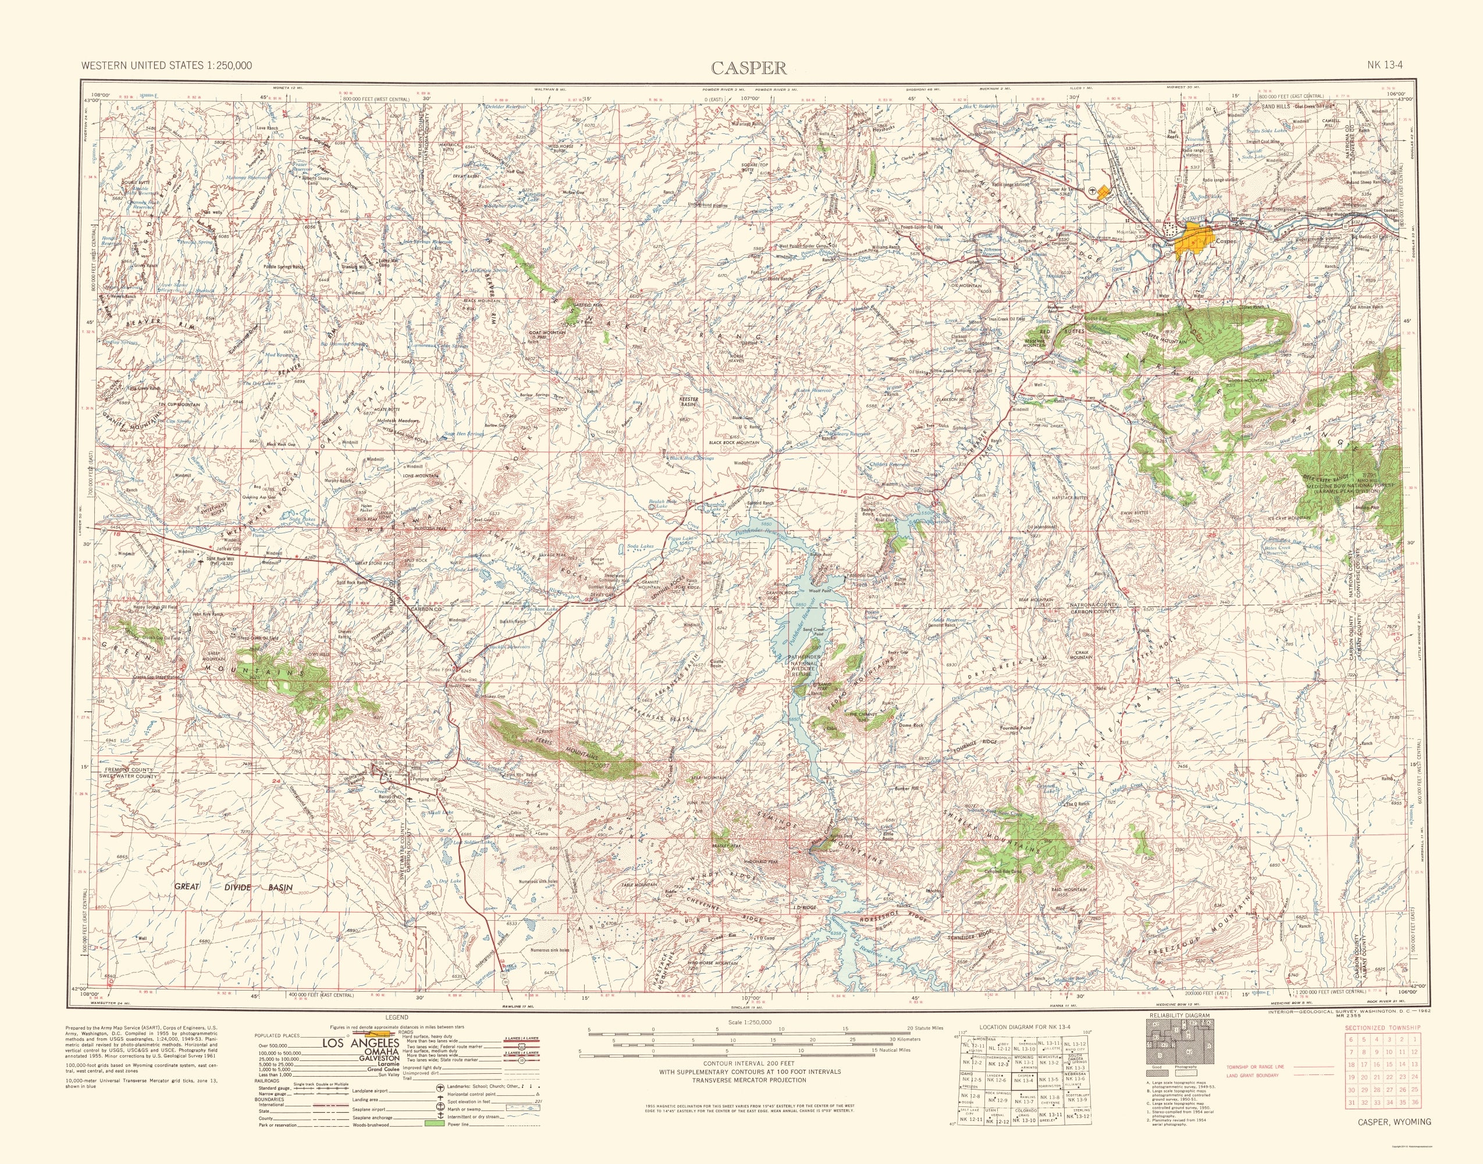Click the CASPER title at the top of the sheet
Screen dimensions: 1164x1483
click(x=749, y=68)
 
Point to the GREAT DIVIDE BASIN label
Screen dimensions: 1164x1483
click(x=234, y=888)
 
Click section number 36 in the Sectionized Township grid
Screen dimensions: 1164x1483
click(x=1415, y=1122)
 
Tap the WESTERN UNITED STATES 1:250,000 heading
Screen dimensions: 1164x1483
click(x=166, y=65)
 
